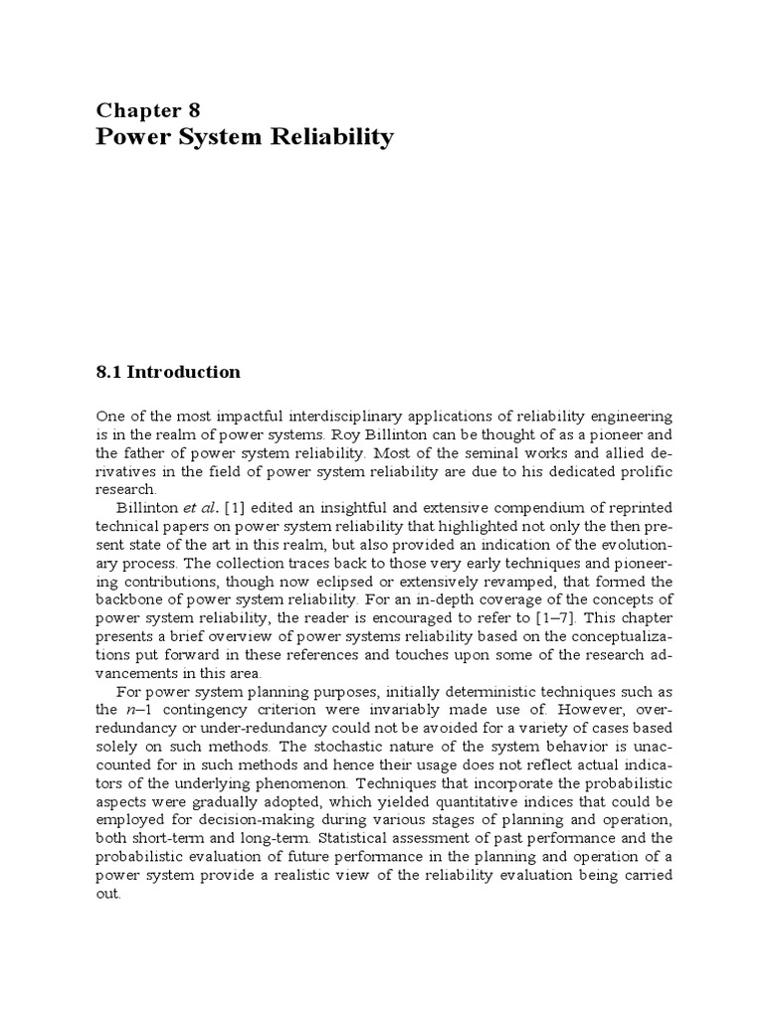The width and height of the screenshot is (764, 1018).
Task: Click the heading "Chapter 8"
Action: click(148, 110)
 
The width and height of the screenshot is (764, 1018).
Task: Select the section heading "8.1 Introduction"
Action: click(168, 372)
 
